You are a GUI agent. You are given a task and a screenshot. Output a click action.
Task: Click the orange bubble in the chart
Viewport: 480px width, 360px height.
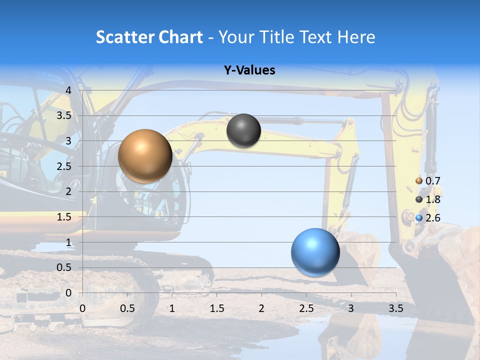(x=145, y=155)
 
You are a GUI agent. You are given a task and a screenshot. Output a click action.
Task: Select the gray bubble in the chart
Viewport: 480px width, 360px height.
(x=243, y=130)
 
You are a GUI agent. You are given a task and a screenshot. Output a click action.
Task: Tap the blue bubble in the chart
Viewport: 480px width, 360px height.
(x=315, y=252)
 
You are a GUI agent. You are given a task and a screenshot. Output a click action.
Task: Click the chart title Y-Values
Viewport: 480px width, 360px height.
(x=249, y=70)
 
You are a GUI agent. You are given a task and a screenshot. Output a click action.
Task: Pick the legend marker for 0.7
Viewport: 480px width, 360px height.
(x=419, y=181)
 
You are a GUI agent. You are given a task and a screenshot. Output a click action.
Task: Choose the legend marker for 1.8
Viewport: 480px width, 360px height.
(x=419, y=199)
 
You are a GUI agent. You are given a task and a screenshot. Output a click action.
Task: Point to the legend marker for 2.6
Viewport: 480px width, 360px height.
(x=419, y=217)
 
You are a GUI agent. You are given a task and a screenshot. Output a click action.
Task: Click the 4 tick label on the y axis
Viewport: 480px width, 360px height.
(x=68, y=90)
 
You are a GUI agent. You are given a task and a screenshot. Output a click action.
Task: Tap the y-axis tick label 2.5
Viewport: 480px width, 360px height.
(x=64, y=166)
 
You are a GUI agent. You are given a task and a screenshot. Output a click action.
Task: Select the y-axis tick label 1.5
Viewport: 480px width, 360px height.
(x=64, y=217)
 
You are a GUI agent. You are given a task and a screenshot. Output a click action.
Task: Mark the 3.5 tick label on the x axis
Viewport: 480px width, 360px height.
(x=395, y=308)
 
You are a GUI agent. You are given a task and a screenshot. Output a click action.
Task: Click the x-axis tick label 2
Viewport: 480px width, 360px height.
(x=261, y=308)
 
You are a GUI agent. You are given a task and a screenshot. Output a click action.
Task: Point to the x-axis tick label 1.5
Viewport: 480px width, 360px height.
(x=216, y=308)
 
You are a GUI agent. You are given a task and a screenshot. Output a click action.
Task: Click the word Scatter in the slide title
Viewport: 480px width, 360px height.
(x=122, y=37)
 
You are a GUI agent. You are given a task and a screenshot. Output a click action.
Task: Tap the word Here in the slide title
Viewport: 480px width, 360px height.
(x=356, y=37)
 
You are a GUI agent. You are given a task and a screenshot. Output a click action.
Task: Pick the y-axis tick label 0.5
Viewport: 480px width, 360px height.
(x=64, y=267)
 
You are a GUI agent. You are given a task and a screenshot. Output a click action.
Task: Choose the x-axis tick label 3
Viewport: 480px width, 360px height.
(x=351, y=308)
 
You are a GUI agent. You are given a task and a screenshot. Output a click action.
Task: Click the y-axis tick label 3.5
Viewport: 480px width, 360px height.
(x=64, y=116)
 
